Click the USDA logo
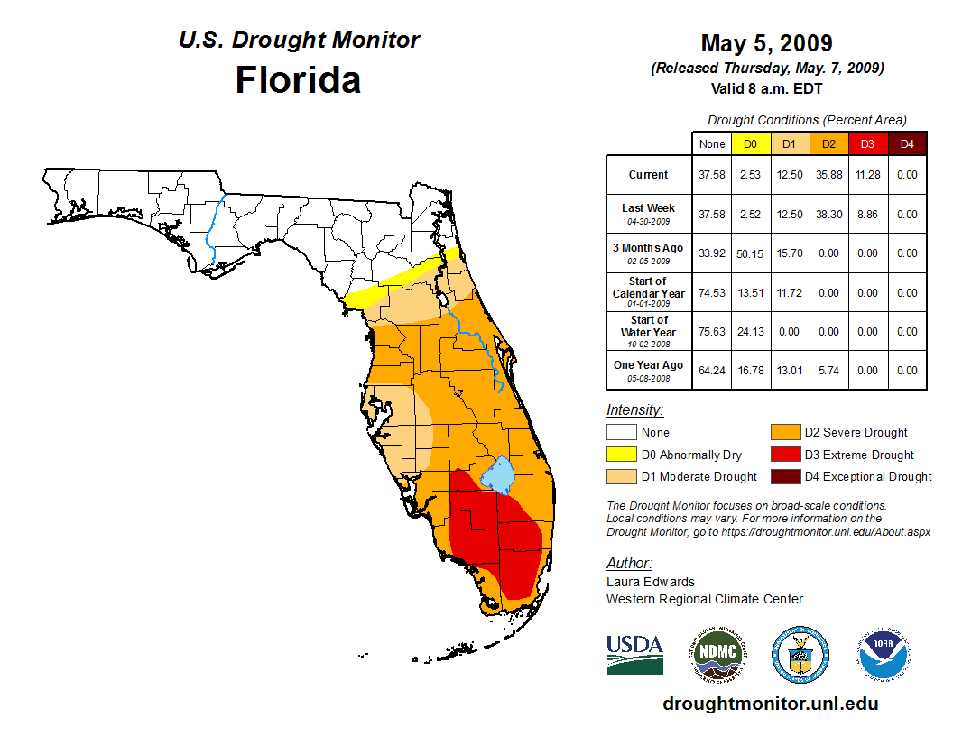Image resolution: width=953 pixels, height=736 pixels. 634,653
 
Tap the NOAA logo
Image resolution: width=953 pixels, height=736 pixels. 884,654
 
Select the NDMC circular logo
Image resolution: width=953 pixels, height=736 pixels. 717,654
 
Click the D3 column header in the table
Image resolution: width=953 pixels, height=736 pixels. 867,143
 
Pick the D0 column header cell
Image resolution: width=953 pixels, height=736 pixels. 750,143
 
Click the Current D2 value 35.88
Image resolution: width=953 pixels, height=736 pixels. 828,175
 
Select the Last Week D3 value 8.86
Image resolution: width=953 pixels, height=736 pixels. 867,215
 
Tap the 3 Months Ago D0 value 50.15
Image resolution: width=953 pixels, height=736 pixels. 750,253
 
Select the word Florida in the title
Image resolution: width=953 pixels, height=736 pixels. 298,80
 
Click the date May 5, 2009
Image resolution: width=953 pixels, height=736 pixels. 766,43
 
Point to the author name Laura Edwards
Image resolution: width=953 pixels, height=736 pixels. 651,582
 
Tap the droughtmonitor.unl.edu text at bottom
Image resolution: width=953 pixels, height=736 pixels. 770,704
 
